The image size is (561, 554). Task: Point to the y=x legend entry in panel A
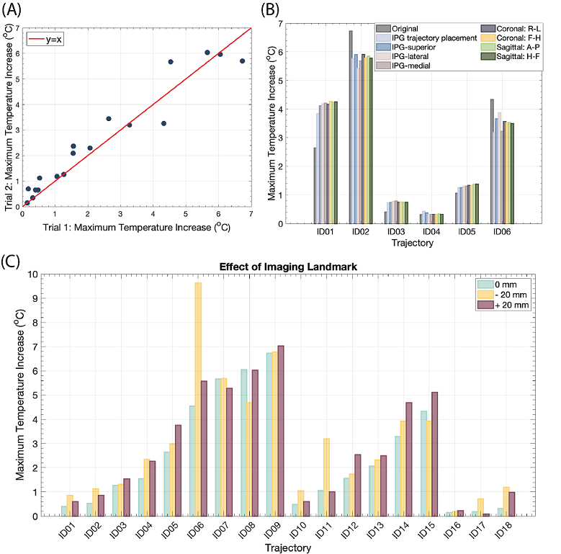coord(47,40)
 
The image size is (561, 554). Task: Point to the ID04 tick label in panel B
coord(433,232)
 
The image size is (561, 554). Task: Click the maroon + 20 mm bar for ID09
coord(281,431)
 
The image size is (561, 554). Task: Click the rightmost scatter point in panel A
coord(243,61)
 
